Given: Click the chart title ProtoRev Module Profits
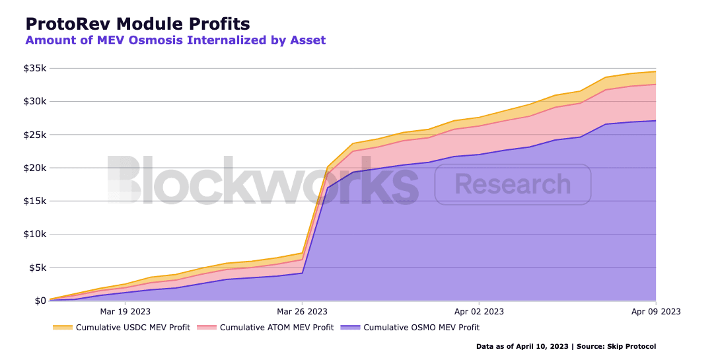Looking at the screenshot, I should [x=137, y=24].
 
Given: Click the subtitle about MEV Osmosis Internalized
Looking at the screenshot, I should [x=175, y=40].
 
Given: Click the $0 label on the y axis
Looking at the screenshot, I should [x=40, y=301].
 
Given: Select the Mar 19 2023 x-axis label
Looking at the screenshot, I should [x=125, y=311].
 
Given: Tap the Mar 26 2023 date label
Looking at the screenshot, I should [x=302, y=311].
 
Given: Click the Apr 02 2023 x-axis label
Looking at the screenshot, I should [x=479, y=311].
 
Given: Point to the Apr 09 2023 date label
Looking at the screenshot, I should [x=656, y=311].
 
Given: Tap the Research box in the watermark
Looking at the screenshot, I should [x=513, y=184].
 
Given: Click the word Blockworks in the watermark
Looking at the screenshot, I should [x=262, y=180].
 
